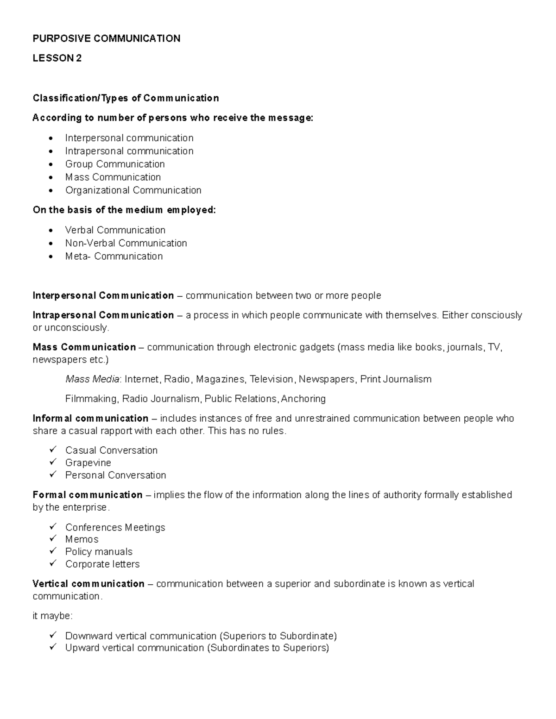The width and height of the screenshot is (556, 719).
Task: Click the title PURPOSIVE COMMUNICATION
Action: click(x=106, y=38)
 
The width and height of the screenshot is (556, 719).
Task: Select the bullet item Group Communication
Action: click(x=114, y=164)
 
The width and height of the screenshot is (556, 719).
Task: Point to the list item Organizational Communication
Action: click(x=133, y=190)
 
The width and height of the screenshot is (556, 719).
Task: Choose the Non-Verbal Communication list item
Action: click(x=126, y=243)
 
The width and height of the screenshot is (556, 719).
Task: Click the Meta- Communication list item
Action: click(x=114, y=256)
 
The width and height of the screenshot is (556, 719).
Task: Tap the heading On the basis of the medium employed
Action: click(x=124, y=210)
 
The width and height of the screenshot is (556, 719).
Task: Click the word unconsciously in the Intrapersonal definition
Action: click(x=76, y=328)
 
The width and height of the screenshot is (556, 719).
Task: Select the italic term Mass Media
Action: click(x=92, y=379)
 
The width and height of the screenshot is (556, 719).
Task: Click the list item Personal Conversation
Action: click(x=115, y=475)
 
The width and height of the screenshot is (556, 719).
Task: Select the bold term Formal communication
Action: click(x=88, y=495)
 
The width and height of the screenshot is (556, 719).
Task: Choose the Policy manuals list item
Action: click(x=99, y=551)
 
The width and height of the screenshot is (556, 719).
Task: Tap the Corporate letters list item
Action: click(x=102, y=564)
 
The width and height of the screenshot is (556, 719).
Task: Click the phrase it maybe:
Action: click(x=52, y=616)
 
